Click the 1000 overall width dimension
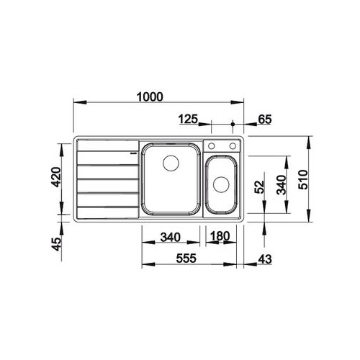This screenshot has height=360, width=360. pyautogui.click(x=150, y=96)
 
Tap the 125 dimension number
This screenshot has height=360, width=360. pyautogui.click(x=188, y=119)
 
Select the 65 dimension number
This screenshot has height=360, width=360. pyautogui.click(x=264, y=120)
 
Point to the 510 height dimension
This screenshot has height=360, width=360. pyautogui.click(x=303, y=179)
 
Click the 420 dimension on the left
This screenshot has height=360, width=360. pyautogui.click(x=57, y=177)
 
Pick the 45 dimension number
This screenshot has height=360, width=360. pyautogui.click(x=57, y=244)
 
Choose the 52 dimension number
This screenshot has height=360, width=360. pyautogui.click(x=259, y=186)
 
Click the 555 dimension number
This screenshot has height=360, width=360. pyautogui.click(x=186, y=258)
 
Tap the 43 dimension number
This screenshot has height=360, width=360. pyautogui.click(x=265, y=259)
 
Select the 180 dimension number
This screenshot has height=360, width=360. pyautogui.click(x=220, y=236)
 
